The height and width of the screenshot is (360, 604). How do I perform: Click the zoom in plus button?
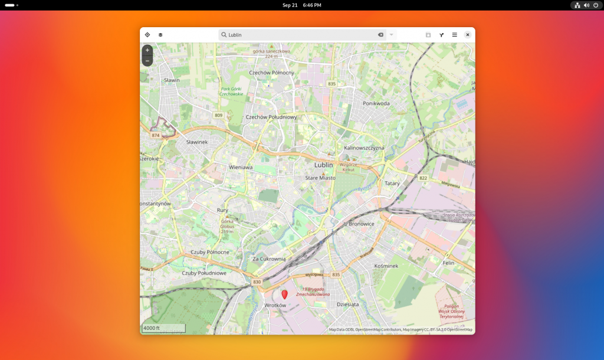pyautogui.click(x=147, y=50)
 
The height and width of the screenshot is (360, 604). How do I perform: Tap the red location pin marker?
pyautogui.click(x=284, y=294)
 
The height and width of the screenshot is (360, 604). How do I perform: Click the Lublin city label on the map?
pyautogui.click(x=324, y=165)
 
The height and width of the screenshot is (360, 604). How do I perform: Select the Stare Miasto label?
pyautogui.click(x=320, y=178)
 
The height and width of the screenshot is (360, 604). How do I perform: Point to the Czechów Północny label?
pyautogui.click(x=271, y=73)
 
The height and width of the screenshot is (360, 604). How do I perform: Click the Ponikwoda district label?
pyautogui.click(x=376, y=103)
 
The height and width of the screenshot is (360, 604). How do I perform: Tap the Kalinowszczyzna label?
pyautogui.click(x=364, y=148)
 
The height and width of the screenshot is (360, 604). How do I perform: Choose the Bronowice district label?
pyautogui.click(x=362, y=224)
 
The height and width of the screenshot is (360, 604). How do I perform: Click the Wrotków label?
pyautogui.click(x=275, y=305)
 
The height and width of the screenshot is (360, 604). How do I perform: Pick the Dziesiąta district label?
pyautogui.click(x=347, y=305)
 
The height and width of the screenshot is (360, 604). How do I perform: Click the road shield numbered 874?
pyautogui.click(x=156, y=135)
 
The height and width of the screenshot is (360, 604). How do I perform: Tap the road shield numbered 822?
pyautogui.click(x=423, y=178)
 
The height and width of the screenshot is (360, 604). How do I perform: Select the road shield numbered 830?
pyautogui.click(x=257, y=282)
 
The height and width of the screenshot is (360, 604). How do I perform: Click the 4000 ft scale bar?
pyautogui.click(x=163, y=328)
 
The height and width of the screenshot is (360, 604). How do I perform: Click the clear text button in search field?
pyautogui.click(x=380, y=35)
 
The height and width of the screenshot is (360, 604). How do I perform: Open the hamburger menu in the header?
pyautogui.click(x=454, y=35)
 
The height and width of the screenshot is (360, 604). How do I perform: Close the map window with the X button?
pyautogui.click(x=467, y=35)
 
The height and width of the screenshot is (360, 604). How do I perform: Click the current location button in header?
pyautogui.click(x=147, y=35)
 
